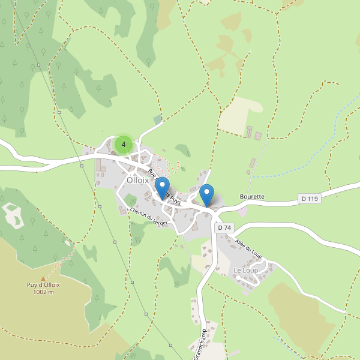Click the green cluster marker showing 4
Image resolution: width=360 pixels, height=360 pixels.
coord(124,145)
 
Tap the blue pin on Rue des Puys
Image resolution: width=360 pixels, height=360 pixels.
coord(161,188)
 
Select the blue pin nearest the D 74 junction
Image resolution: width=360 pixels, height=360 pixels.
coord(206,194)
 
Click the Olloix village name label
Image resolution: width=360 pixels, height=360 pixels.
coord(137,180)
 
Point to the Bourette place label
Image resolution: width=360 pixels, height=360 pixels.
coord(252,196)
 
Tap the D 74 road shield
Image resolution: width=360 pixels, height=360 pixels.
coord(224,228)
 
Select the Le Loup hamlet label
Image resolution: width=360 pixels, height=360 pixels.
coord(245,271)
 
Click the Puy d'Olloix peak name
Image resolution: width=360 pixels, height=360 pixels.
coord(43,285)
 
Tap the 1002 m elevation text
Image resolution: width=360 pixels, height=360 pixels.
coord(43,292)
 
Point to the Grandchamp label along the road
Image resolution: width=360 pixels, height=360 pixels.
coord(200,344)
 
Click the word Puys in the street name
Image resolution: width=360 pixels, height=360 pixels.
coord(173,199)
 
